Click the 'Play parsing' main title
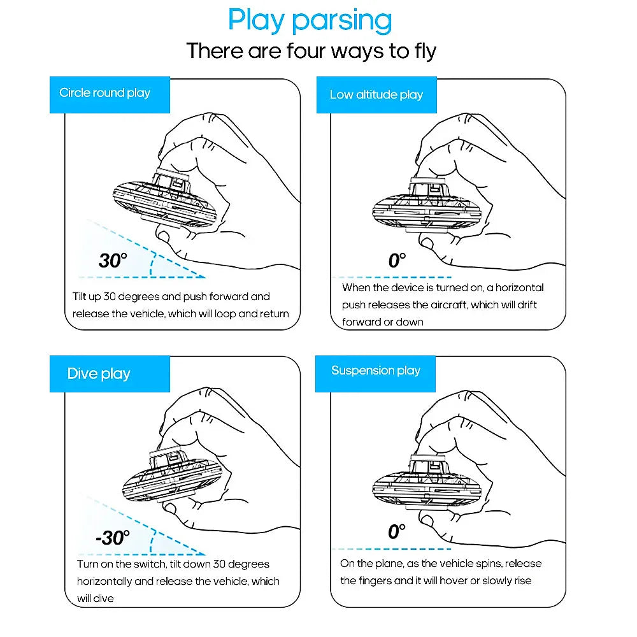pyautogui.click(x=310, y=20)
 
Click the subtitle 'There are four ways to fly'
pyautogui.click(x=311, y=51)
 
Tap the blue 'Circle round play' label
pyautogui.click(x=105, y=93)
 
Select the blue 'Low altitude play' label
pyautogui.click(x=376, y=95)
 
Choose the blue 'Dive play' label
pyautogui.click(x=99, y=373)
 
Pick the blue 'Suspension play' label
pyautogui.click(x=376, y=371)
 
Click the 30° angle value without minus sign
pyautogui.click(x=113, y=260)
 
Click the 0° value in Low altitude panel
pyautogui.click(x=396, y=260)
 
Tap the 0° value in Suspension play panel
pyautogui.click(x=396, y=531)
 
